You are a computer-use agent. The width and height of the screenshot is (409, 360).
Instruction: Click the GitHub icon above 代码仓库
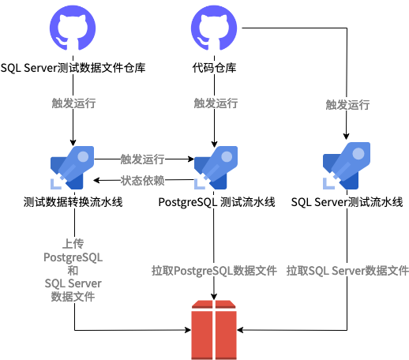[x=215, y=30]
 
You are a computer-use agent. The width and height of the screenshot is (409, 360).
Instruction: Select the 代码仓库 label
[x=215, y=68]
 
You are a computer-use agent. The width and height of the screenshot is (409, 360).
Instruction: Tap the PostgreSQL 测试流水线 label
[x=216, y=203]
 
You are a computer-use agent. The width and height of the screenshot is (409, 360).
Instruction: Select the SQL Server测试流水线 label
[x=347, y=203]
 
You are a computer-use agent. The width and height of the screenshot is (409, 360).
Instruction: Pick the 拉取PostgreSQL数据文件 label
[x=214, y=271]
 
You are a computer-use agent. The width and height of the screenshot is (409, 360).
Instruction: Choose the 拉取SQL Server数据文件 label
[x=347, y=271]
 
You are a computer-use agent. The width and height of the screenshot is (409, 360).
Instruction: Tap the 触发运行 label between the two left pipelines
[x=143, y=159]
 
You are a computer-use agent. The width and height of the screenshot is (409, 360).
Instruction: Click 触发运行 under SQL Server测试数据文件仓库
[x=73, y=103]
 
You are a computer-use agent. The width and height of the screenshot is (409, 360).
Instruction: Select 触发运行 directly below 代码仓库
[x=215, y=103]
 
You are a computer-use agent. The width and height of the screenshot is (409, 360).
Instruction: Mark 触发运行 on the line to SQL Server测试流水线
[x=347, y=104]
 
